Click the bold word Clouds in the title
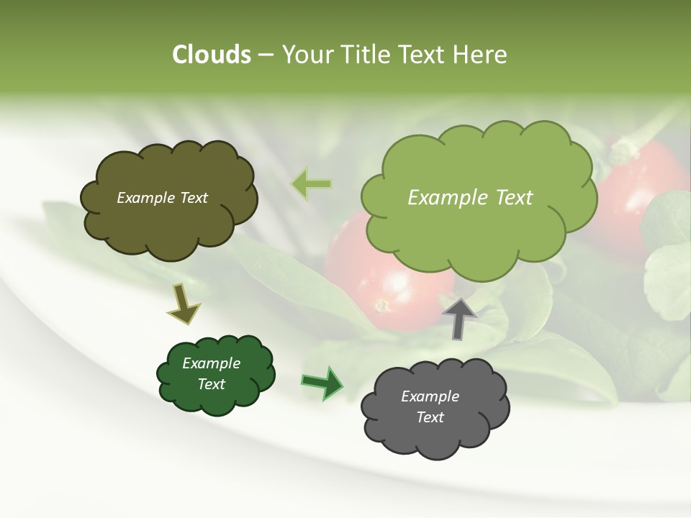click(x=212, y=55)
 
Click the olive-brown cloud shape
click(x=168, y=223)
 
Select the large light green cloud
click(x=479, y=230)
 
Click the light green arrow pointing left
click(x=311, y=184)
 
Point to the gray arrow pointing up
click(x=459, y=318)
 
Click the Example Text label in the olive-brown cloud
click(x=162, y=198)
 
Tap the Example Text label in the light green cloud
click(x=470, y=198)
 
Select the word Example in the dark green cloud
click(x=211, y=363)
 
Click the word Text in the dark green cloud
click(x=211, y=384)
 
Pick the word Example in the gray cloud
click(x=430, y=396)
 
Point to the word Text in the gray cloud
click(x=430, y=417)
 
